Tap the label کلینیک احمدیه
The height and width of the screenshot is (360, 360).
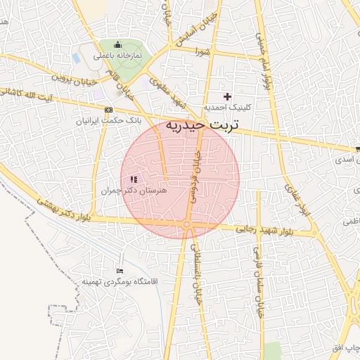[226, 108]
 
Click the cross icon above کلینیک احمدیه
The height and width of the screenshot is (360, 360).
[226, 96]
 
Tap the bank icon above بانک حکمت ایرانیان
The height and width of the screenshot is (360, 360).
[108, 110]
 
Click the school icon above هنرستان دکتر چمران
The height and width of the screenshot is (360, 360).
[134, 180]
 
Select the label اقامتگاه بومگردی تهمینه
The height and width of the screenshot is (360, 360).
[119, 281]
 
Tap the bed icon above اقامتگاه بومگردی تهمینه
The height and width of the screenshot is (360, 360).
[119, 271]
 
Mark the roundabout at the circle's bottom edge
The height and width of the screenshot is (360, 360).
[186, 224]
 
